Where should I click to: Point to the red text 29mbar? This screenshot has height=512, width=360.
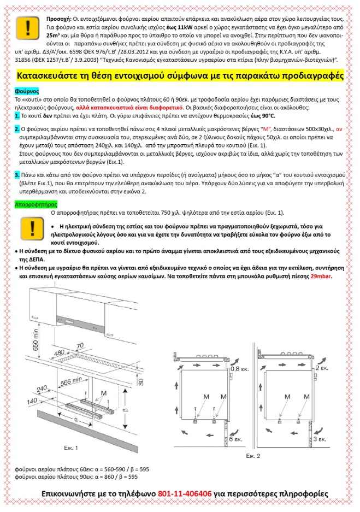[x=321, y=277]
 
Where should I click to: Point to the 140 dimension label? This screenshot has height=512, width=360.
[x=32, y=401]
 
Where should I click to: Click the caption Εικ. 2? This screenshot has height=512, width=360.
[x=253, y=455]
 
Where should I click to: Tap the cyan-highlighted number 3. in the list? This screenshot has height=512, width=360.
[x=17, y=174]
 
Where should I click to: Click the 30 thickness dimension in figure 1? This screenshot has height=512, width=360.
[x=141, y=381]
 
